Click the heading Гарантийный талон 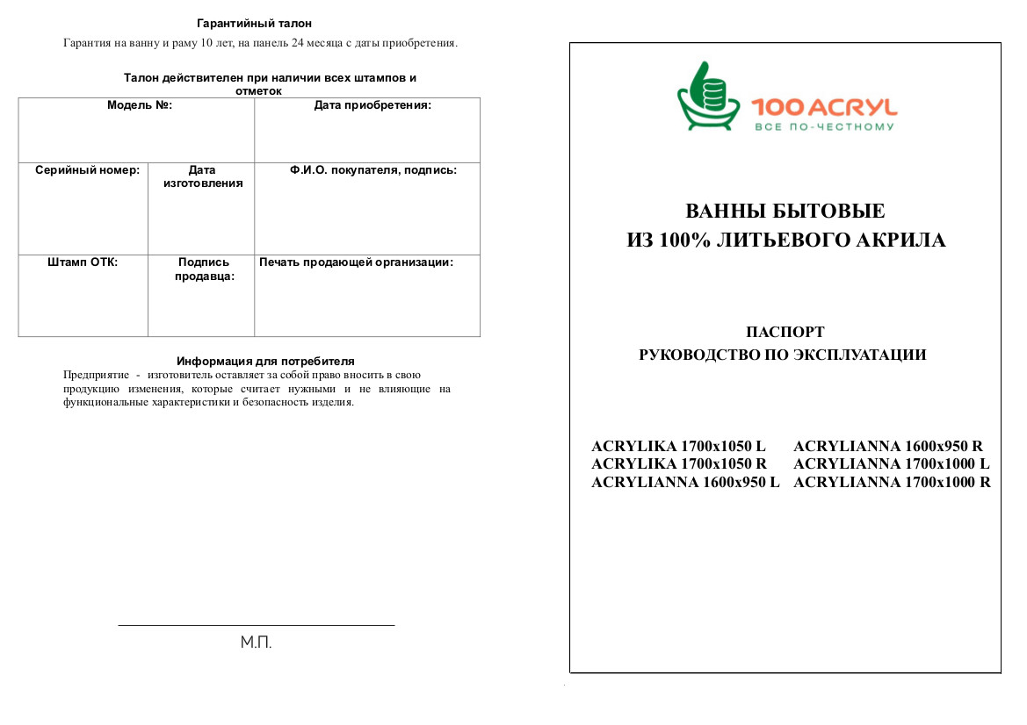tap(254, 24)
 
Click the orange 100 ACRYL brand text tap(824, 108)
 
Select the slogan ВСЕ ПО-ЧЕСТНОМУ tap(824, 127)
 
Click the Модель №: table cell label tap(140, 105)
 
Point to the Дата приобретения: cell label tap(372, 105)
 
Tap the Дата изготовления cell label tap(203, 176)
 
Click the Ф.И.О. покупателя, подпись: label tap(372, 170)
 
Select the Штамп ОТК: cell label tap(83, 262)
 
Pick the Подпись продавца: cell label tap(204, 269)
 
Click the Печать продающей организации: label tap(356, 262)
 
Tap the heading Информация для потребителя tap(265, 361)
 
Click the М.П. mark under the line tap(257, 643)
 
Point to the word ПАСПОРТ tap(785, 332)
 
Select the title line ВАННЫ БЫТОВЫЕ tap(785, 212)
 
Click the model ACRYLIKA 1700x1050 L tap(678, 446)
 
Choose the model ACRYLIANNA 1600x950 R tap(887, 446)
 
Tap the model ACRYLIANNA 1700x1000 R tap(892, 482)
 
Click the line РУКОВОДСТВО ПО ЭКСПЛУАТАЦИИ tap(783, 355)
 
